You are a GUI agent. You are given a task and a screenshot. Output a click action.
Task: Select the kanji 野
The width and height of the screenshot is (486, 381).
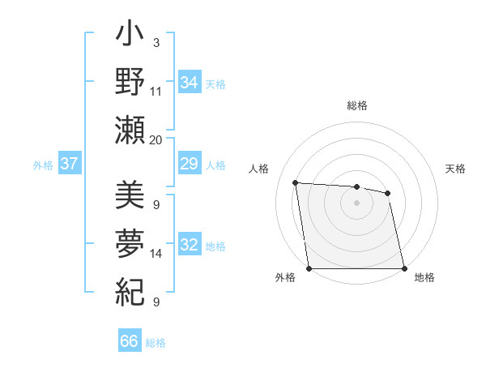coord(130,83)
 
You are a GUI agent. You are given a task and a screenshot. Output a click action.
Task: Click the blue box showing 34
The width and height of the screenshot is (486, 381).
coord(190,83)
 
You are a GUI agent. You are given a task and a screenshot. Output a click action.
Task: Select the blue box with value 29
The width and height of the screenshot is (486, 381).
coord(190,165)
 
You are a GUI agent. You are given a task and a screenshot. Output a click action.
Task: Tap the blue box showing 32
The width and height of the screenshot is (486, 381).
coord(190,246)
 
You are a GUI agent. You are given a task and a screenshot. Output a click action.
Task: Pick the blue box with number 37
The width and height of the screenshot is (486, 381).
coord(69,165)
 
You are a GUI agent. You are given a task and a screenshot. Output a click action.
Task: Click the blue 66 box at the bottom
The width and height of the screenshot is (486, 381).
coord(130,342)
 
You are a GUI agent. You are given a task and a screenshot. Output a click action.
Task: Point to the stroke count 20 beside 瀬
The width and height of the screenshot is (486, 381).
coord(156,140)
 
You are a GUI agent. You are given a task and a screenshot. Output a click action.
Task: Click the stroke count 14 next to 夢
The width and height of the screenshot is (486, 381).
coord(156,254)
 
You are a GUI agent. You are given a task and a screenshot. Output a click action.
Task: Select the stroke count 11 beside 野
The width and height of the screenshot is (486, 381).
coord(156,92)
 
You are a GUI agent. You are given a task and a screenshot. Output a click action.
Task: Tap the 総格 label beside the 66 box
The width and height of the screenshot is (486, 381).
coord(156,343)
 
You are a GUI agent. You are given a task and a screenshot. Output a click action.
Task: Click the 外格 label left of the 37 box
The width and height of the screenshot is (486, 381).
coord(43,165)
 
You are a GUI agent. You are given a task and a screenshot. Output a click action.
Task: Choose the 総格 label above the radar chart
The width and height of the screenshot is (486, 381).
coord(356,105)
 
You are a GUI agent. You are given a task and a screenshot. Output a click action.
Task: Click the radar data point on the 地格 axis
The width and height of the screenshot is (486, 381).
coord(403,268)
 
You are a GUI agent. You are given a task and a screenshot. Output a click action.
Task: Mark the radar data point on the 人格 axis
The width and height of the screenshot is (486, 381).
coord(296,182)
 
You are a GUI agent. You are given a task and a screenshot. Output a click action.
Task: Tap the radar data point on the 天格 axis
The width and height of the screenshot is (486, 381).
coord(387,193)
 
